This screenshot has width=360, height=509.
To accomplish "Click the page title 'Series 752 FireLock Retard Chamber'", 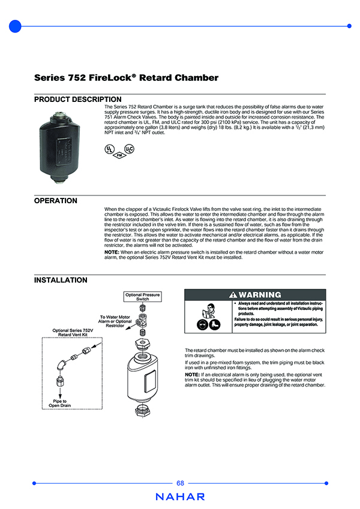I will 126,78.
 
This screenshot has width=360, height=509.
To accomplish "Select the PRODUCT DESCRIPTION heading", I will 77,100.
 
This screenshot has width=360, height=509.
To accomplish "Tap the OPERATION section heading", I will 56,201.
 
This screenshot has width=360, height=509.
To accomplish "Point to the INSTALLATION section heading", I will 61,280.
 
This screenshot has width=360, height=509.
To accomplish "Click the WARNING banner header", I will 255,295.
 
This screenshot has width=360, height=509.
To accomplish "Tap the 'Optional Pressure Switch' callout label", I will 142,297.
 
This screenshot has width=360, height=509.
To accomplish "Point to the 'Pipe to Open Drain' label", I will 60,403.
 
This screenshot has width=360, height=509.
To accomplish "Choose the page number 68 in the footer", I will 181,483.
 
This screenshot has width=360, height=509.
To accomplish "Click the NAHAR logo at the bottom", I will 180,497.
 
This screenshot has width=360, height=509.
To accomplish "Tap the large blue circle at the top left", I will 16,26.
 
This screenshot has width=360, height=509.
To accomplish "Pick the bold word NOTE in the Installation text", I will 193,374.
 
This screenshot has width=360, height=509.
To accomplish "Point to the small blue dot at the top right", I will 349,26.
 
